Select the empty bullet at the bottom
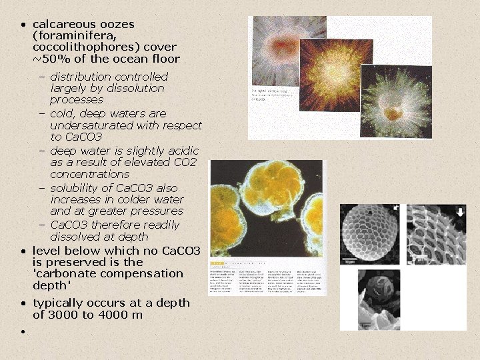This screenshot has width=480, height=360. tap(23, 331)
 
